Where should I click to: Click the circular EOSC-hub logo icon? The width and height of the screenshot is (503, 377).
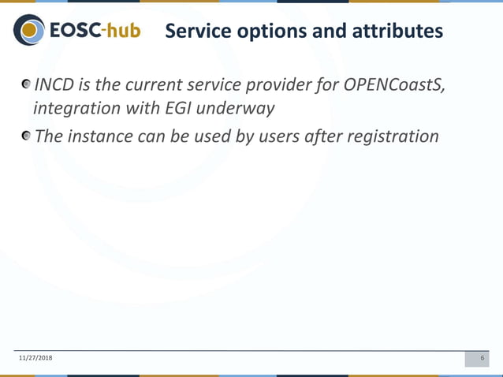point(30,31)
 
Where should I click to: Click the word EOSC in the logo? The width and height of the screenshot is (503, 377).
point(76,32)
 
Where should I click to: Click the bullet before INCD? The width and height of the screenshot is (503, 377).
point(28,84)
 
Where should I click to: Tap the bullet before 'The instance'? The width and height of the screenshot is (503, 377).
point(28,136)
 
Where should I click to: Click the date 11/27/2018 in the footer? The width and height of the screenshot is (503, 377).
point(36,359)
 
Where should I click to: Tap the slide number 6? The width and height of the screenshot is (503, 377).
point(482,359)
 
